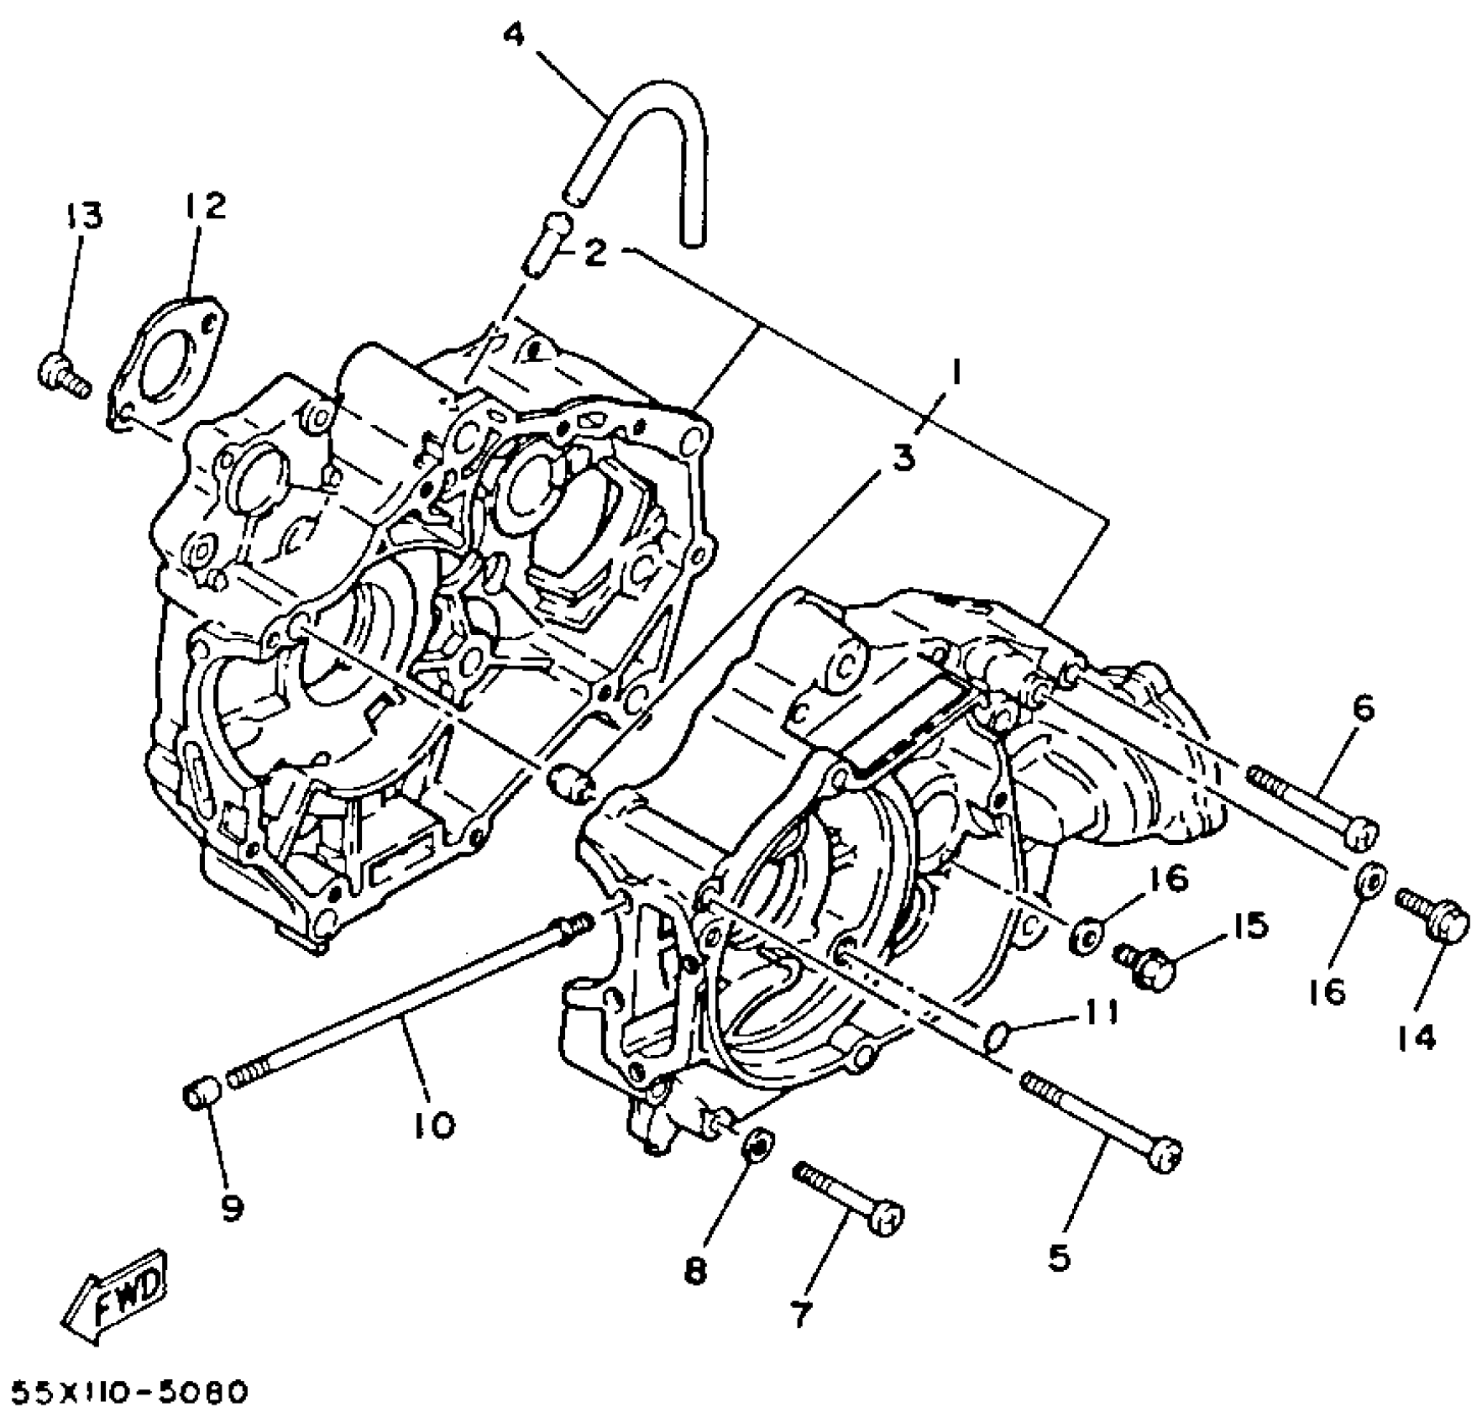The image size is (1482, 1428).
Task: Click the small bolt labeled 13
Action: (64, 375)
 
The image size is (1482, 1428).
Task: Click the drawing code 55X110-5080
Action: (130, 1393)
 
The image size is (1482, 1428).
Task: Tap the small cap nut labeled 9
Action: (202, 1095)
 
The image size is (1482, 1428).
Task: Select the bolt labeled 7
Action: (847, 1197)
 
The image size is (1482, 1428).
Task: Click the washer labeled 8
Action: (759, 1143)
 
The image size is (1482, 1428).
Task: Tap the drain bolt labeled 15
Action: (1145, 965)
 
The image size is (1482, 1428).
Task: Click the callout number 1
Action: (956, 372)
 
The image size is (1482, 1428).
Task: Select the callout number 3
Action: (902, 459)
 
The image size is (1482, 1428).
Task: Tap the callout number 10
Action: (433, 1124)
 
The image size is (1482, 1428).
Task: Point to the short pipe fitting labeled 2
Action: (547, 244)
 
